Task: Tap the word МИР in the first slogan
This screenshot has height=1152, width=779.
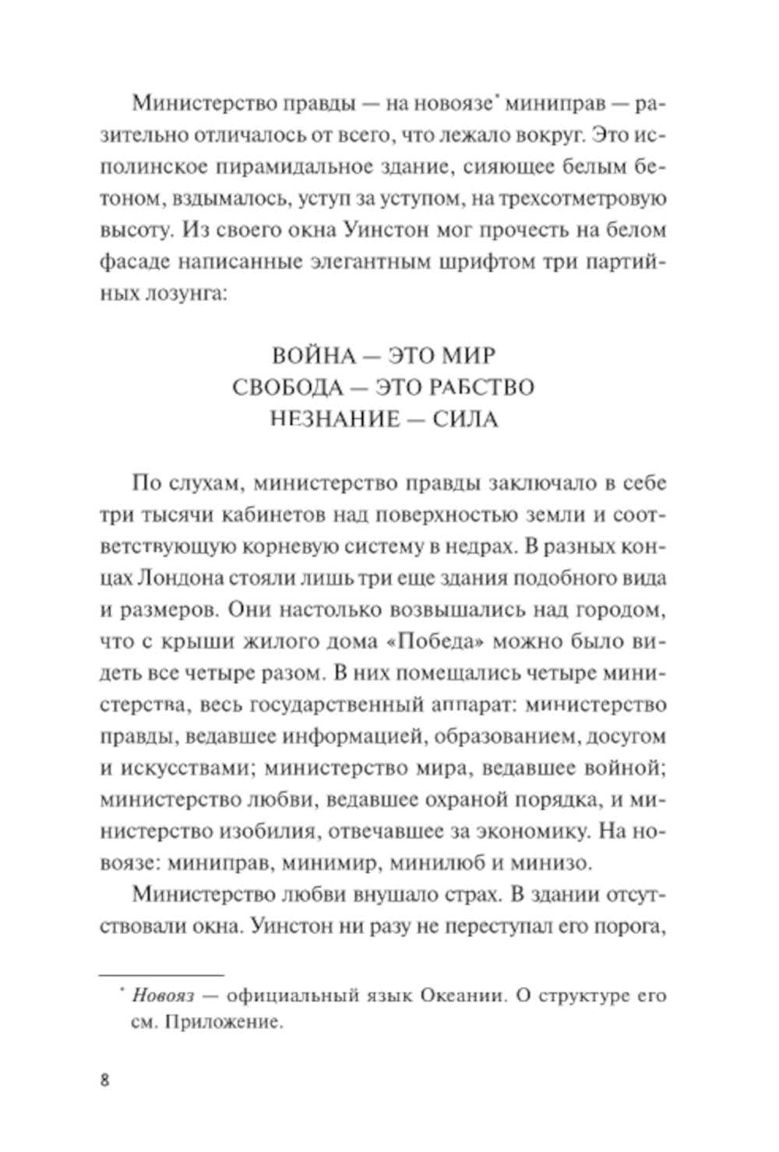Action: point(466,356)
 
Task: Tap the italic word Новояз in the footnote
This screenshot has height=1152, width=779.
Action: point(163,996)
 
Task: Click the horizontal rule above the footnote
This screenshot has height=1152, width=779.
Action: point(161,974)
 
